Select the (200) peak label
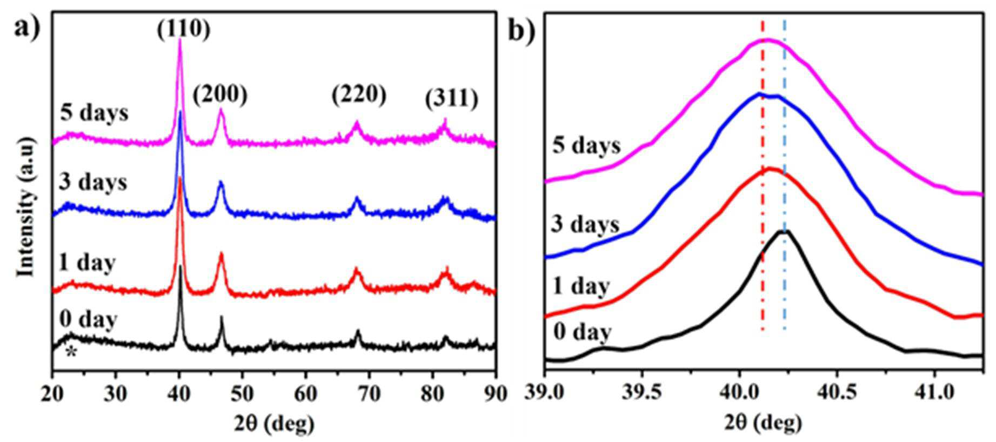click(220, 95)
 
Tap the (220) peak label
click(359, 95)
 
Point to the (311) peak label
click(451, 99)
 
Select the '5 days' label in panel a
click(95, 113)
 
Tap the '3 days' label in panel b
click(585, 223)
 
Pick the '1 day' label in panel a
click(87, 263)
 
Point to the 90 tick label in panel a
click(495, 393)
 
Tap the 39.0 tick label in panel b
click(545, 393)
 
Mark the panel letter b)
click(522, 31)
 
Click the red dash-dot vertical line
click(763, 175)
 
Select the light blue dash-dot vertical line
click(784, 175)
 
